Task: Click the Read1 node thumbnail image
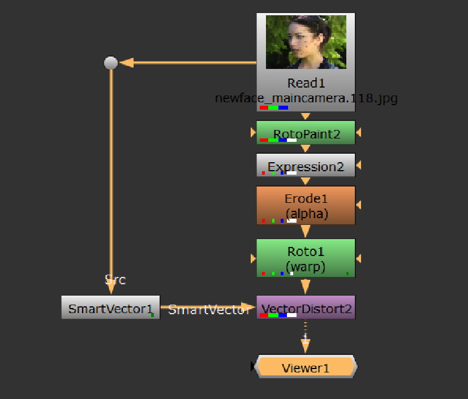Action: [306, 42]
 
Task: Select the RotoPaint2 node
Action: [306, 133]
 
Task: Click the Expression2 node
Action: [306, 166]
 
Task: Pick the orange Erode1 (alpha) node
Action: [306, 206]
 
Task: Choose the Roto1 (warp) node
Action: [306, 258]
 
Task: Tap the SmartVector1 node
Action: [110, 308]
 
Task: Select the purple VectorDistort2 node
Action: [306, 308]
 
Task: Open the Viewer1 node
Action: [306, 368]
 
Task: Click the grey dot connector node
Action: [111, 63]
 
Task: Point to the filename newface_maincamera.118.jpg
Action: [306, 98]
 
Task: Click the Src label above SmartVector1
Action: [115, 279]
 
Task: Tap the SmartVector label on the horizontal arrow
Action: [209, 310]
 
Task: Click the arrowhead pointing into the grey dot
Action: [127, 62]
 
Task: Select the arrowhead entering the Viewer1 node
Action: [306, 346]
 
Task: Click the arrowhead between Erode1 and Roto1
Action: [306, 231]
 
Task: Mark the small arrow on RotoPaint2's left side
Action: [253, 133]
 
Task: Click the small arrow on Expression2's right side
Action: [359, 166]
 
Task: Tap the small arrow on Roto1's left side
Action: [253, 258]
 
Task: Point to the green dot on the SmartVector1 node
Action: [153, 315]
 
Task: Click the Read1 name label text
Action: [306, 84]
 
